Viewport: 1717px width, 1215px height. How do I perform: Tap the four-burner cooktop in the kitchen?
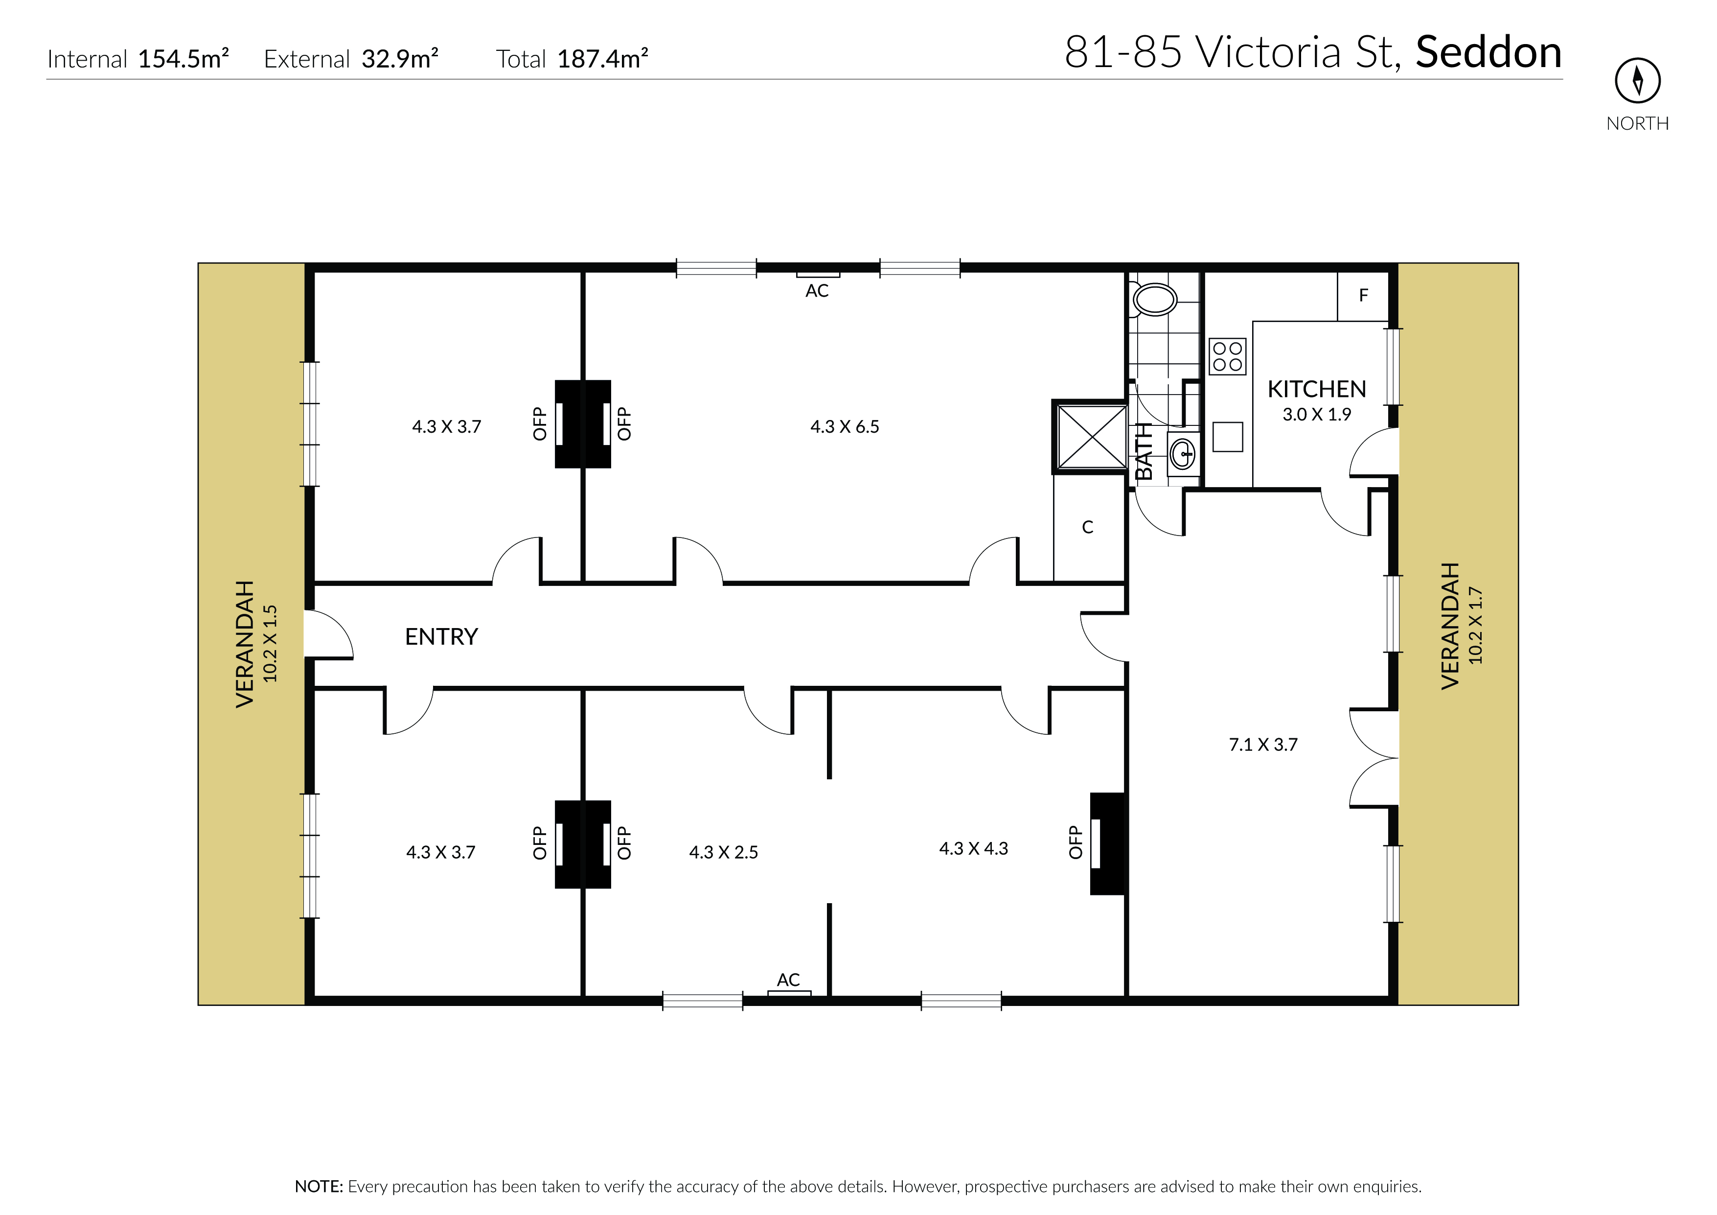pos(1227,357)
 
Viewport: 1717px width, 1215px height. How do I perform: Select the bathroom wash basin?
pos(1183,452)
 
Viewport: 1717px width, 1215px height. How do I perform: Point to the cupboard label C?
pos(1088,527)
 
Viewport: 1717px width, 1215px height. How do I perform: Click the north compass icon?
pos(1638,80)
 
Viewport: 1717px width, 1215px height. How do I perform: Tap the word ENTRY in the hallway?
pos(441,637)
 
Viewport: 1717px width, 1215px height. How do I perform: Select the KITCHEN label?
pos(1317,389)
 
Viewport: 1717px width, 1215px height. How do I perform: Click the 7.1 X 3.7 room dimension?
pos(1263,745)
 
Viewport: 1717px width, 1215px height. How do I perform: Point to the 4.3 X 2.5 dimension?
pos(723,852)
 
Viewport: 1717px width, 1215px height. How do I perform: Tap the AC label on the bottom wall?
pos(788,980)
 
